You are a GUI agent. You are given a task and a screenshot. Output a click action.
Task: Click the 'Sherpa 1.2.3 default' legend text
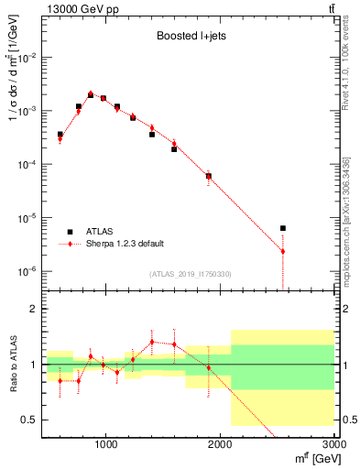(x=125, y=244)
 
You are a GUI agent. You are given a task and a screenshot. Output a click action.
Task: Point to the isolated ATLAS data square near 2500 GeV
(x=283, y=228)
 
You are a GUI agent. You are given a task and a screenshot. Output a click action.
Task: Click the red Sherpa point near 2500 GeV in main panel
(x=283, y=251)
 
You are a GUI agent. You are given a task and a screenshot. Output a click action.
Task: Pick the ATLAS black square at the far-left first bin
(x=60, y=135)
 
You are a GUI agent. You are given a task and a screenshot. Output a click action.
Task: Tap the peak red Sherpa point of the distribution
(x=91, y=93)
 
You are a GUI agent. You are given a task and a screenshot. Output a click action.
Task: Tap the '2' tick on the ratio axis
(x=33, y=309)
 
